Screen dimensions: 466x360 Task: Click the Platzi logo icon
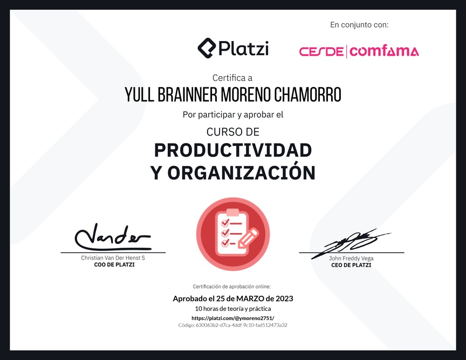tap(207, 48)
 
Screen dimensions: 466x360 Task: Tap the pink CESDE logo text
tap(321, 52)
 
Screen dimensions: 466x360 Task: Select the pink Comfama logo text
tap(384, 51)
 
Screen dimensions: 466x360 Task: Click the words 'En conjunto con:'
tap(359, 25)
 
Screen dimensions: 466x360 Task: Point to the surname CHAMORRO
tap(307, 95)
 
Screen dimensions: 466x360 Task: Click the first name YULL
tap(139, 95)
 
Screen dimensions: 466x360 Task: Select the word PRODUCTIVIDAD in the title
tap(233, 150)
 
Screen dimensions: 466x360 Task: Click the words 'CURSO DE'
tap(233, 132)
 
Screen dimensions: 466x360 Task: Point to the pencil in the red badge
tap(249, 237)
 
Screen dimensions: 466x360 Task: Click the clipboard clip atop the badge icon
tap(232, 213)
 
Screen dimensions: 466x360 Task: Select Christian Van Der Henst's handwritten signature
tap(113, 236)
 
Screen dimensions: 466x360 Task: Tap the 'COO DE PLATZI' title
tap(114, 265)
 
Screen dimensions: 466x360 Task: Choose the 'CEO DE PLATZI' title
tap(351, 265)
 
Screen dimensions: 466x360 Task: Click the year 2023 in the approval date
tap(284, 298)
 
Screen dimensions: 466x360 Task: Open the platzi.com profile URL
tap(232, 318)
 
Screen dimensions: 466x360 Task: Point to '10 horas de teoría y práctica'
tap(233, 309)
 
